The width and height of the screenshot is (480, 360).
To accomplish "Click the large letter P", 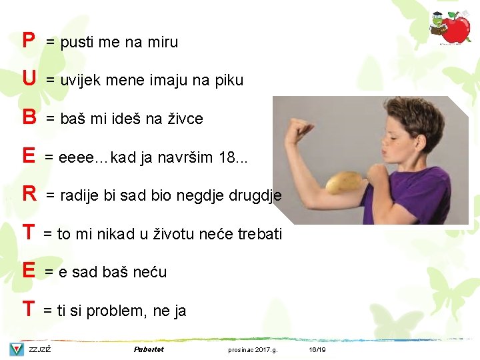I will point(28,41).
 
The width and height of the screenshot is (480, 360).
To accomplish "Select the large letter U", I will point(29,79).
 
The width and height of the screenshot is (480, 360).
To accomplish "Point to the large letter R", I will point(29,194).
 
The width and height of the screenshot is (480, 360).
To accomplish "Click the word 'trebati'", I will point(259,234).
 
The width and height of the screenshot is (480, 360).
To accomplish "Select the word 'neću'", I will point(151,272).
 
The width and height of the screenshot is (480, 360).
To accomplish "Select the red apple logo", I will point(456,29).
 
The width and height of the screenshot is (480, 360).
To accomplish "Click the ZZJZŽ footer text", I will point(40,349).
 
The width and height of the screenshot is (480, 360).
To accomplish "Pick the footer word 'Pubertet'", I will point(149,349).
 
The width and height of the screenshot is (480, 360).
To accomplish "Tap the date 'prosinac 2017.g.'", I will point(253,349).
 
